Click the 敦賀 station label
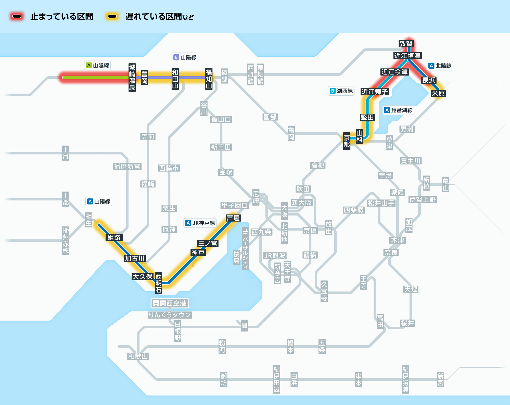coord(406,44)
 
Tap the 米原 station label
coord(438,93)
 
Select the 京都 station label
coord(347,141)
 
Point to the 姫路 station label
coord(114,237)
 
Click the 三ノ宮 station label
coord(208,243)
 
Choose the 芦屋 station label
coord(233,218)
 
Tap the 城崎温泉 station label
coord(132,78)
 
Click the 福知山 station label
coord(209,79)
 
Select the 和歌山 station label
coord(138,356)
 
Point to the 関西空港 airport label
coord(170,303)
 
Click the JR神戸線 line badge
coord(200,223)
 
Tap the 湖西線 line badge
coord(341,91)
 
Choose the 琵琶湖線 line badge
coord(399,110)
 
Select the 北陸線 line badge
coord(440,66)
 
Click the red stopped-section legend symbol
coord(17,17)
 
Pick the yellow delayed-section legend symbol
coord(112,17)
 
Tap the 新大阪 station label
coord(302,203)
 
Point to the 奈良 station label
coord(391,253)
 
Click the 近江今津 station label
coord(394,72)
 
